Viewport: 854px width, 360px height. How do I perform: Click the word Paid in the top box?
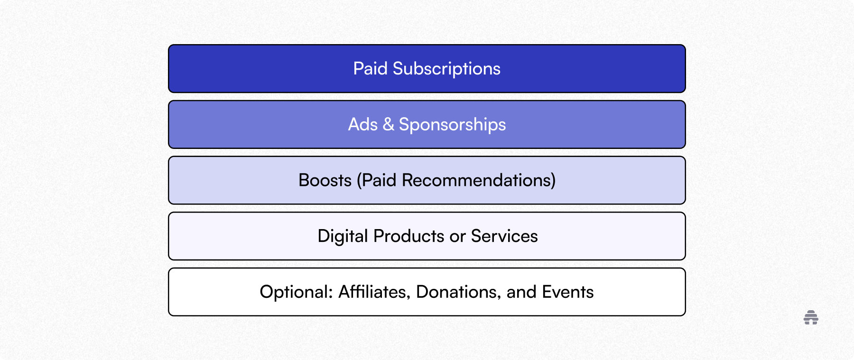coord(370,69)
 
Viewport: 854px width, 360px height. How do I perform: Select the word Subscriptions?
coord(446,69)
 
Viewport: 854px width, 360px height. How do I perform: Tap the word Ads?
coord(363,125)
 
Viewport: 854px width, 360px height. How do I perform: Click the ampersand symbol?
coord(389,125)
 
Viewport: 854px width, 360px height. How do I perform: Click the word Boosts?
coord(325,180)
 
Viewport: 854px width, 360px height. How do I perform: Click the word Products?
coord(408,236)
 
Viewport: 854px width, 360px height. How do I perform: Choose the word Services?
coord(504,236)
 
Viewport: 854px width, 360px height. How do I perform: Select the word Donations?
coord(458,292)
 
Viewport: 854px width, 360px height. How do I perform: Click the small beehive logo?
coord(811,317)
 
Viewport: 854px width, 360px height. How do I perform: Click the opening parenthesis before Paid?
coord(359,181)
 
